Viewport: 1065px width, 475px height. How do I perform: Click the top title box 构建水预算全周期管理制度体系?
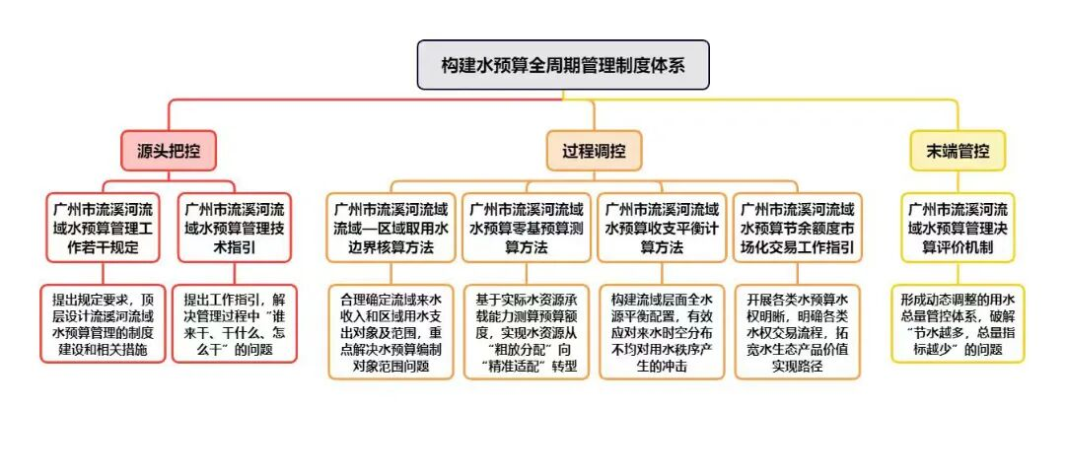coord(563,65)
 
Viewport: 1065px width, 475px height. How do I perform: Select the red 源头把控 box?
coord(169,151)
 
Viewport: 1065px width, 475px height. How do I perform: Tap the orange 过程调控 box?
coord(594,151)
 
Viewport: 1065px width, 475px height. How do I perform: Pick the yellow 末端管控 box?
coord(958,151)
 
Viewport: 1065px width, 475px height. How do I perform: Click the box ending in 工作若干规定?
coord(104,228)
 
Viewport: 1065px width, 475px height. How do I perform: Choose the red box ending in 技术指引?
coord(235,228)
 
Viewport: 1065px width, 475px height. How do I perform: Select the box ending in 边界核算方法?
coord(390,228)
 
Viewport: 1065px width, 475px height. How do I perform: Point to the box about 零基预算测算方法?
coord(526,228)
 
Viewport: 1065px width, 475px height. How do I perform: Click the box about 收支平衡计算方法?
coord(662,228)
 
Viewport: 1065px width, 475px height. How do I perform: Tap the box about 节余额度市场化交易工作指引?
coord(798,228)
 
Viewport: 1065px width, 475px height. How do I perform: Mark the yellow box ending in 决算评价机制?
coord(958,228)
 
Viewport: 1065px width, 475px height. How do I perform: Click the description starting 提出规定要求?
coord(104,323)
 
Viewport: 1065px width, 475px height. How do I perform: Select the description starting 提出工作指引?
coord(235,323)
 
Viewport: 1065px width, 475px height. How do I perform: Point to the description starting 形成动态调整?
coord(958,323)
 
